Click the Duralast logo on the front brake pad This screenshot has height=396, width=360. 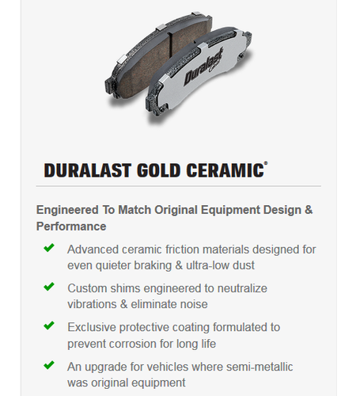(x=203, y=67)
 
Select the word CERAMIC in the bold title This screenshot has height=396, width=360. (x=225, y=170)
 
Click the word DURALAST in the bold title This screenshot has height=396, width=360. (x=87, y=170)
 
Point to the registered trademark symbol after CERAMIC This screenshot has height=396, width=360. (x=266, y=163)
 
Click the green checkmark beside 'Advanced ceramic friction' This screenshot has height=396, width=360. (x=49, y=248)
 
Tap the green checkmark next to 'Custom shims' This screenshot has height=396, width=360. (x=49, y=287)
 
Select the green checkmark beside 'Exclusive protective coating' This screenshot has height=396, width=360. (x=49, y=326)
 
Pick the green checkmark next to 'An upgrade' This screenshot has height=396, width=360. (x=49, y=365)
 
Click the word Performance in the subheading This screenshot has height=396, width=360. (x=71, y=227)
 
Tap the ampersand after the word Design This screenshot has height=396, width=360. (x=309, y=210)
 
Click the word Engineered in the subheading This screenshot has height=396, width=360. (x=67, y=211)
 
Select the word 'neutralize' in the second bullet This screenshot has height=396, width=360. (x=242, y=288)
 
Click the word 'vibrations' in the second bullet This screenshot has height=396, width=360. (x=92, y=304)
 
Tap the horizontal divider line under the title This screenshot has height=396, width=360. (x=179, y=186)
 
